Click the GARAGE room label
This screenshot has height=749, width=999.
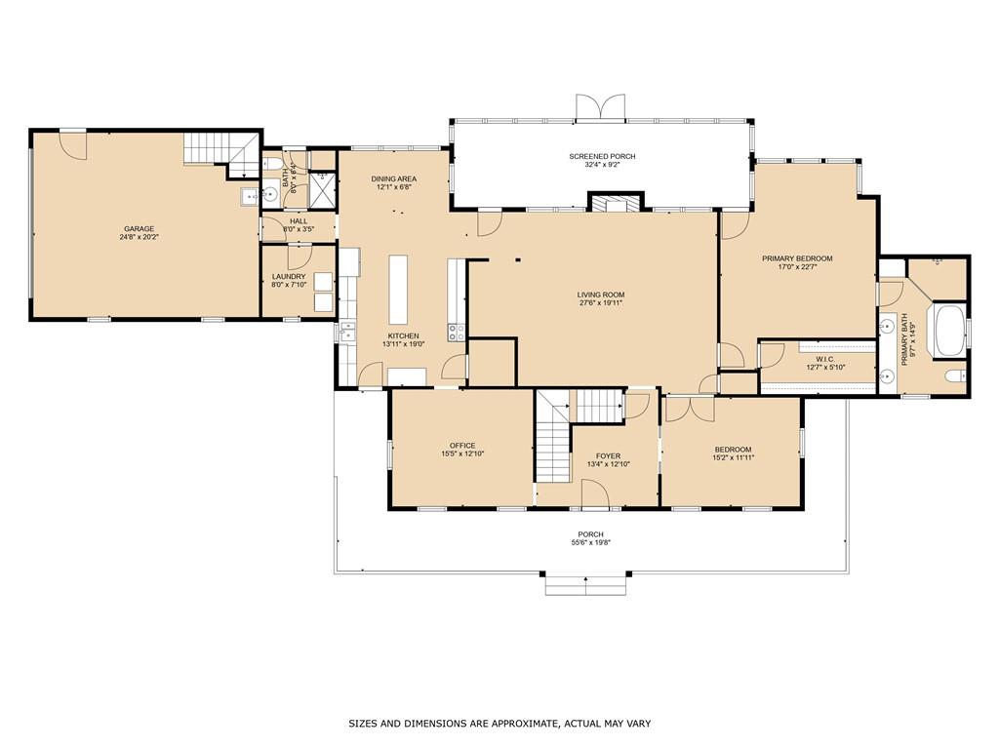tap(139, 228)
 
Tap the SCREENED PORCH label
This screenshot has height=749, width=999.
tap(602, 156)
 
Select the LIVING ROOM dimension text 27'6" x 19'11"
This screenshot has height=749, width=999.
tap(601, 303)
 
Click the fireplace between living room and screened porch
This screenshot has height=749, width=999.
tap(615, 203)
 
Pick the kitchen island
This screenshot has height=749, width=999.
tap(398, 290)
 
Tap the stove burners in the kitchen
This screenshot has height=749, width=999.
tap(457, 332)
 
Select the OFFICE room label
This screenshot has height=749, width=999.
tap(461, 446)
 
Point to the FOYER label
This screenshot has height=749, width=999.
tap(608, 456)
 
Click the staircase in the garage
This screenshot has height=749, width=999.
tap(222, 153)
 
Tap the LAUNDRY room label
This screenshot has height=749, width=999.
tap(289, 276)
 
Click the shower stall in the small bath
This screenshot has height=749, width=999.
tap(322, 189)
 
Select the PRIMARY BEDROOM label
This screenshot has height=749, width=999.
tap(797, 258)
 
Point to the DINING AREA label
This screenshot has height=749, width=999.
tap(394, 179)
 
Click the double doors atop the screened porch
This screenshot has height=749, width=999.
tap(600, 106)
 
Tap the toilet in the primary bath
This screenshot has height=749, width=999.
tap(956, 375)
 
